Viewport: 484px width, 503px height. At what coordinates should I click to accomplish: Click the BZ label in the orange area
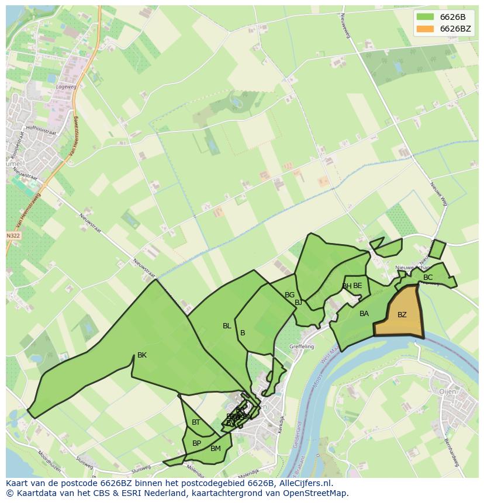402,315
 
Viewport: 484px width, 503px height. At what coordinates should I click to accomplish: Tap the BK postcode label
142,355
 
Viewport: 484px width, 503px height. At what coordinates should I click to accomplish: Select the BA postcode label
364,314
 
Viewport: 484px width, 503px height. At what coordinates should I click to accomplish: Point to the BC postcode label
428,277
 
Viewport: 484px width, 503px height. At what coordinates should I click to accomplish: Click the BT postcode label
196,422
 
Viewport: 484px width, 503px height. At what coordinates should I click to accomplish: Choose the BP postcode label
196,443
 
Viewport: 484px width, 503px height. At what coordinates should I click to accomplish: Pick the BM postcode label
216,449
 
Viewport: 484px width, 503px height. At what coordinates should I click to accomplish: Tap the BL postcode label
227,326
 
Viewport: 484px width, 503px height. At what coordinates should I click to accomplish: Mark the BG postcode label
289,295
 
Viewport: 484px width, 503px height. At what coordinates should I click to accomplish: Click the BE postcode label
358,286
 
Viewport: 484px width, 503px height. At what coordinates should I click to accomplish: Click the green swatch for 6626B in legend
426,16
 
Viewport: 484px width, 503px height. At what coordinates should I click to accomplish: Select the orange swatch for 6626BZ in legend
426,29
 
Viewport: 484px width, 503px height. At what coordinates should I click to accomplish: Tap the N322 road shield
13,235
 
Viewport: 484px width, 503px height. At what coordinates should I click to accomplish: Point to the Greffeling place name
302,346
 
